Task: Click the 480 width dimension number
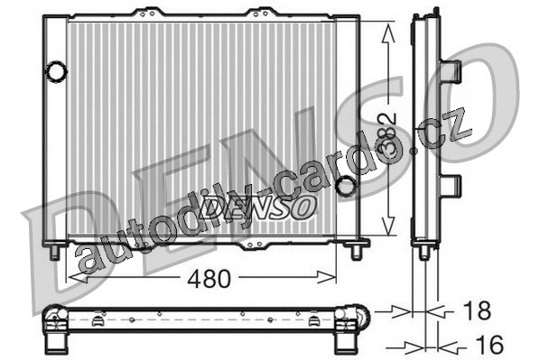[x=209, y=279]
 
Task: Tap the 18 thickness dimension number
[x=477, y=310]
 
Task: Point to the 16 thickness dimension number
[x=489, y=345]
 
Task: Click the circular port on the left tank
[x=56, y=71]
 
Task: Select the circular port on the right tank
[x=346, y=186]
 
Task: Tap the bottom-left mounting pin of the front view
[x=55, y=252]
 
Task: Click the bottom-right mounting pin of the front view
[x=357, y=252]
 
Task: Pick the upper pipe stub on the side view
[x=451, y=71]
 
